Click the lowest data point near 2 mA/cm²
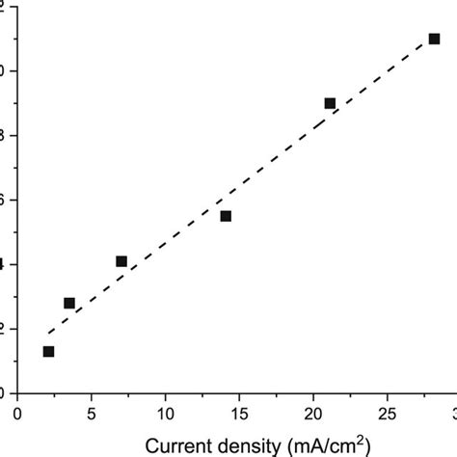(x=48, y=352)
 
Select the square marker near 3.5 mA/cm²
(x=69, y=303)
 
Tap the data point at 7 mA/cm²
(x=121, y=261)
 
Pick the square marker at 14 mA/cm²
(x=226, y=216)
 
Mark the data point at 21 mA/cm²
(x=330, y=103)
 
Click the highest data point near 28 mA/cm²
(x=434, y=39)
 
